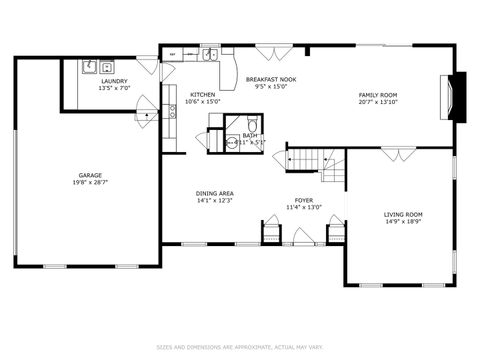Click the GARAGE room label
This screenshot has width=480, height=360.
pos(89,176)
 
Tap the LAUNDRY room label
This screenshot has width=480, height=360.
pos(114,81)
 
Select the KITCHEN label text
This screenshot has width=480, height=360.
pos(202,95)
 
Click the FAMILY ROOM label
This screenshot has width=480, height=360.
pos(378,95)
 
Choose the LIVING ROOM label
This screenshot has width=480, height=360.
pos(403,214)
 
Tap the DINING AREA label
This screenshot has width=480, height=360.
pos(215,193)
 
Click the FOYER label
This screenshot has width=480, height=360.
pos(304,200)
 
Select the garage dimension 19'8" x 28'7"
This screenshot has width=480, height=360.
pos(89,183)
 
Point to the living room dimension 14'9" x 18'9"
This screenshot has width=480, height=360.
pos(403,221)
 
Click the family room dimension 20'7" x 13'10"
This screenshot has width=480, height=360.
pos(378,102)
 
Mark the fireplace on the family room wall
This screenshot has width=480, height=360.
pos(459,97)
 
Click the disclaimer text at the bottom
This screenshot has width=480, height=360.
pos(239,347)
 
